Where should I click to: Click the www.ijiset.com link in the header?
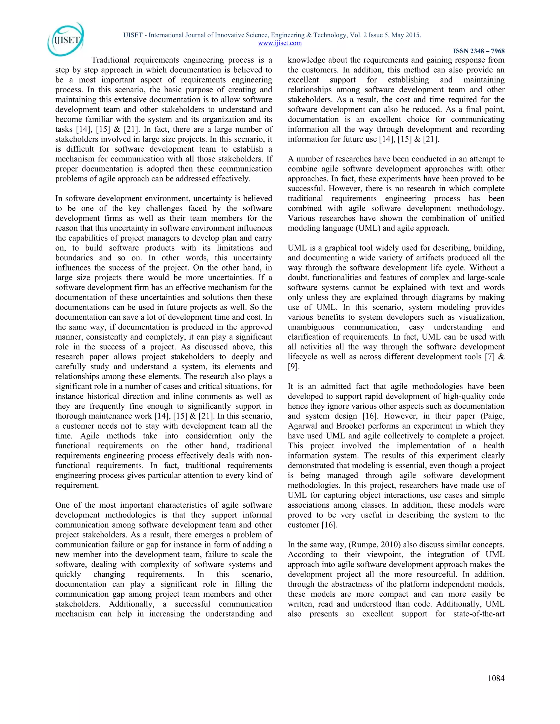(280, 43)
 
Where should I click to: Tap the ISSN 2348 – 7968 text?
(479, 51)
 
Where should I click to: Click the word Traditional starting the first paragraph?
(110, 60)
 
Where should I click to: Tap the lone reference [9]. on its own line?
(293, 366)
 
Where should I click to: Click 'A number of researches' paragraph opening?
(319, 159)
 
